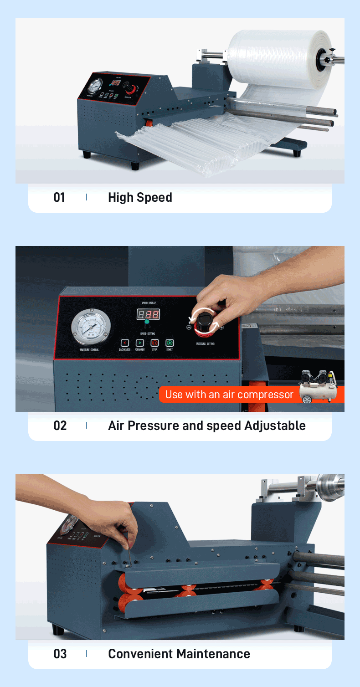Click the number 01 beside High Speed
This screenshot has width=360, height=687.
59,197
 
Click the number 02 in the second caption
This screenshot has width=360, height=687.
60,426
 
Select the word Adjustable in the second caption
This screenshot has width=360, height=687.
275,426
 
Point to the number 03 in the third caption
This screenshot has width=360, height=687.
60,654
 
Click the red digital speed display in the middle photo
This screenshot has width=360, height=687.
148,314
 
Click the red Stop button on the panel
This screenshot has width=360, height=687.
154,343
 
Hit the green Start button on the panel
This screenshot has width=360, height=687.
169,343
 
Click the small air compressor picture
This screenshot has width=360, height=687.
318,386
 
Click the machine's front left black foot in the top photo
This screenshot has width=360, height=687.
87,154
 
